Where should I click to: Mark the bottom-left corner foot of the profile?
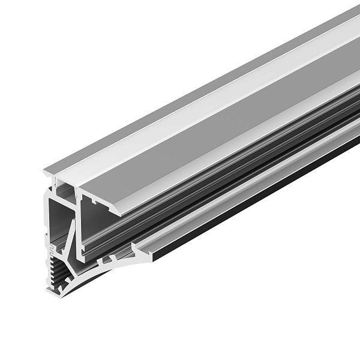49,292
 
